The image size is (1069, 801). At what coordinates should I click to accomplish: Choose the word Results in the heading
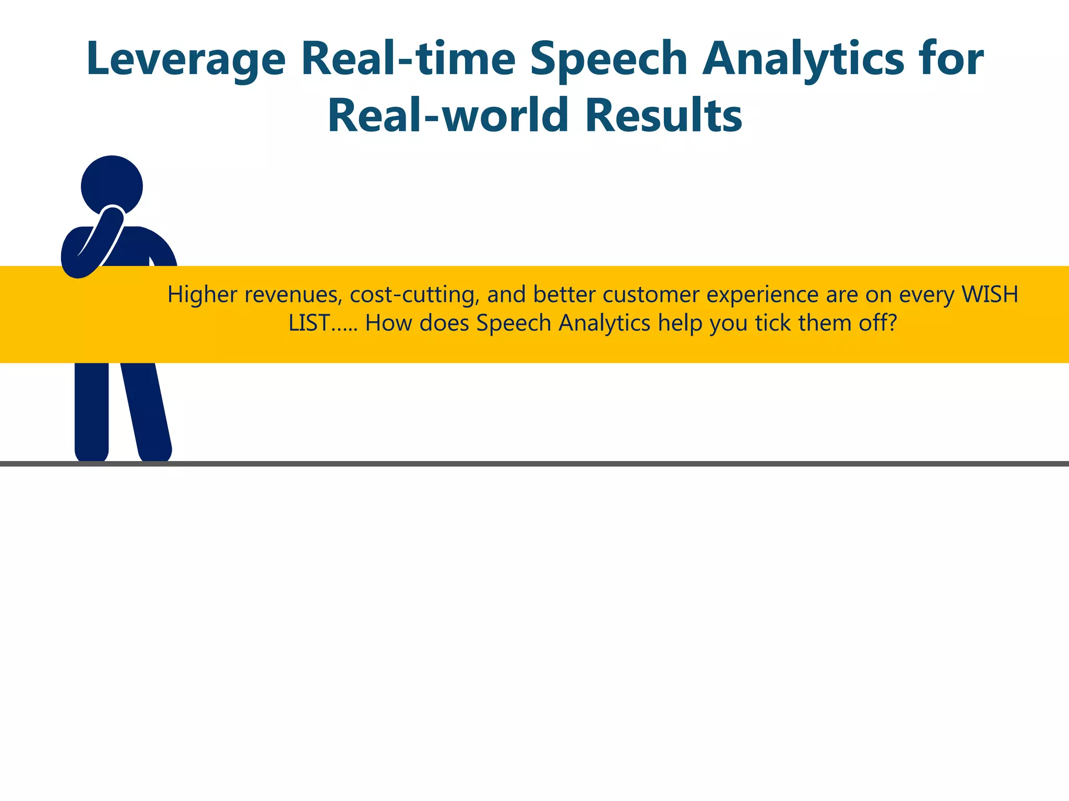tap(663, 115)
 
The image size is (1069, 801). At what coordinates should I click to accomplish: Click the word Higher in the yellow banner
tap(203, 295)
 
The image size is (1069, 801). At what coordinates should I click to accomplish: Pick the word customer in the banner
tap(651, 295)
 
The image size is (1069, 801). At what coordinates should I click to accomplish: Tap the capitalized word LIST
tap(309, 323)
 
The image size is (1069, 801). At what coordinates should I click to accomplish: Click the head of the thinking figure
tap(112, 185)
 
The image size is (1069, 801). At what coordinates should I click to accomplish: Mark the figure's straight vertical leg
tap(92, 412)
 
